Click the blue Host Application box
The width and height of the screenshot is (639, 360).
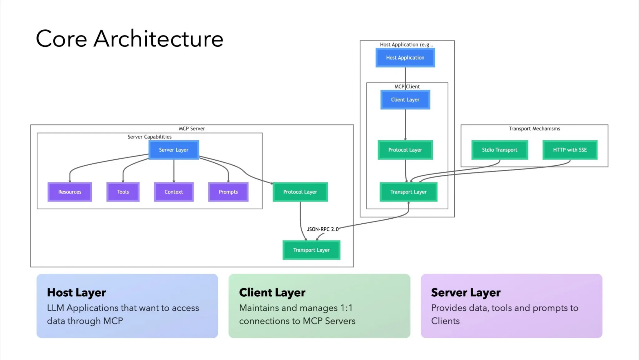(405, 58)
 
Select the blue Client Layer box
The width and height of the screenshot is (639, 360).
(405, 100)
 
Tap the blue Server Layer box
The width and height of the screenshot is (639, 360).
(173, 150)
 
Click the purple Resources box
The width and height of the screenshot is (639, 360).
(70, 192)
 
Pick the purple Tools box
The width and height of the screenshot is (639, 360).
(123, 192)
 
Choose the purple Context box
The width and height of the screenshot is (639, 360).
(173, 192)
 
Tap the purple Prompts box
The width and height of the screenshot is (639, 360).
(228, 192)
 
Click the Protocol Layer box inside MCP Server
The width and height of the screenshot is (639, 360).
(300, 192)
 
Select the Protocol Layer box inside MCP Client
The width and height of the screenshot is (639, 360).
(405, 150)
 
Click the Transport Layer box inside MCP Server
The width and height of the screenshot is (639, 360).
(311, 250)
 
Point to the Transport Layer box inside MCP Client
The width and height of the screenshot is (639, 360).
(408, 192)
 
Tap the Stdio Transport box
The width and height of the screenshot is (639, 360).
(499, 150)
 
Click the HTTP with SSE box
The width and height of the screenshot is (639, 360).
(570, 150)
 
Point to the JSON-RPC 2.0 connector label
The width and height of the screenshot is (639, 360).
(322, 229)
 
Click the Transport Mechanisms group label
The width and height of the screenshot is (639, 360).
(534, 129)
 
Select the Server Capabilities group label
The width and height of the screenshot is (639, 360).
(149, 137)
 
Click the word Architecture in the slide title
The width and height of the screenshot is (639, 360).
(158, 39)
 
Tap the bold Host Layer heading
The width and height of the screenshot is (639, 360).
(76, 293)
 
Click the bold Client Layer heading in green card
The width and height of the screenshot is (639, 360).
(272, 293)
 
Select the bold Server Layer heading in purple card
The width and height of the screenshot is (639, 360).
(466, 293)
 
